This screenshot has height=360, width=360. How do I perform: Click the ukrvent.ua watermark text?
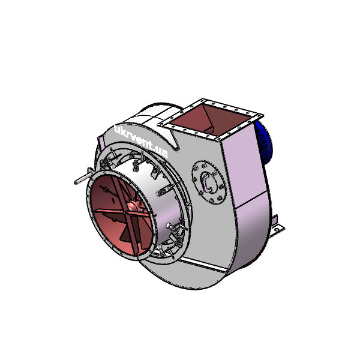141,141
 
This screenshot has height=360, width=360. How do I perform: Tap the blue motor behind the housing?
263,142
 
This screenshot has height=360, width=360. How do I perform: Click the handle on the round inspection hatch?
206,181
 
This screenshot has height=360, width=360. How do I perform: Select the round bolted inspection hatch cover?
209,182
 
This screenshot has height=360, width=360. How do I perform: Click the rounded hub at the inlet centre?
133,205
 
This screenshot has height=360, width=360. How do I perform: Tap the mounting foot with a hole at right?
277,227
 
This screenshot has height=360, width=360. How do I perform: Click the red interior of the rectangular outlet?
210,121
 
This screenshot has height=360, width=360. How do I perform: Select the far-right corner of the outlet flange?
263,115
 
